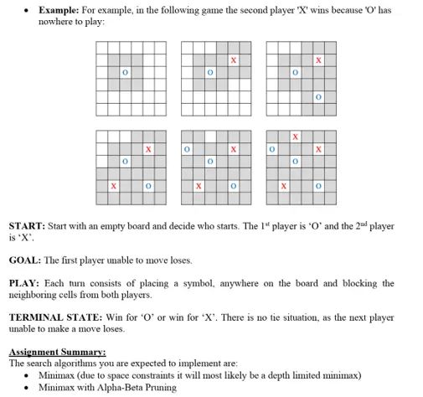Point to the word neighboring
(34, 295)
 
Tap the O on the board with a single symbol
(125, 74)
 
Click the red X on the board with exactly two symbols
(234, 60)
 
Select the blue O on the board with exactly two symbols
(210, 74)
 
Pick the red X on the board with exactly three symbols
(318, 60)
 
